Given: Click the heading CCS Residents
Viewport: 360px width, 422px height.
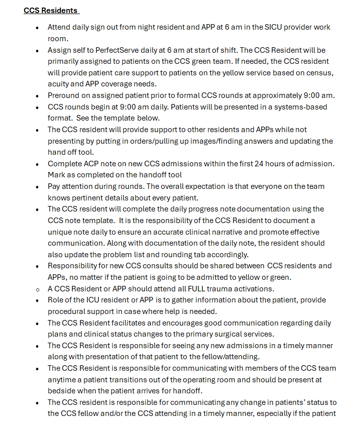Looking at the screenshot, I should click(x=51, y=11).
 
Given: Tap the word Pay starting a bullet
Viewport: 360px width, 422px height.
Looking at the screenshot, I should click(x=55, y=186).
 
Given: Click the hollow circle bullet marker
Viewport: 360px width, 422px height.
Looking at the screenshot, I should click(x=37, y=289).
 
